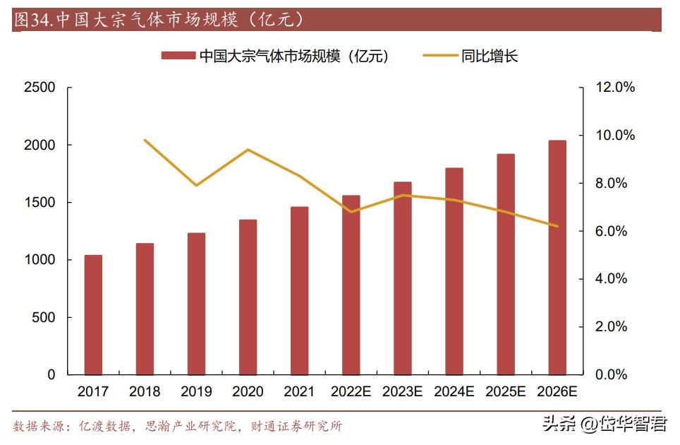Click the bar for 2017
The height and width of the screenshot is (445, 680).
pos(93,315)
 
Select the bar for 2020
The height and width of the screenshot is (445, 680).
pos(248,297)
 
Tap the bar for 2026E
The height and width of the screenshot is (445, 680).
pos(557,258)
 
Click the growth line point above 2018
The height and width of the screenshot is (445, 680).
pos(145,140)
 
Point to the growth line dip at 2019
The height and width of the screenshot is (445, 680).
pos(196,185)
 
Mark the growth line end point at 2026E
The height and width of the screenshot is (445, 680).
pos(557,226)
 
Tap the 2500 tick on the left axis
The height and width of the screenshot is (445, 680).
pos(40,88)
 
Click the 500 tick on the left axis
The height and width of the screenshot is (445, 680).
pos(44,318)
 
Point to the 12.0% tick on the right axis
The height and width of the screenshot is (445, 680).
pos(615,88)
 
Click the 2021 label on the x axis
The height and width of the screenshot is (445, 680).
pos(299,391)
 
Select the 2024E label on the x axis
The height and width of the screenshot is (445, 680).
pos(454,391)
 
